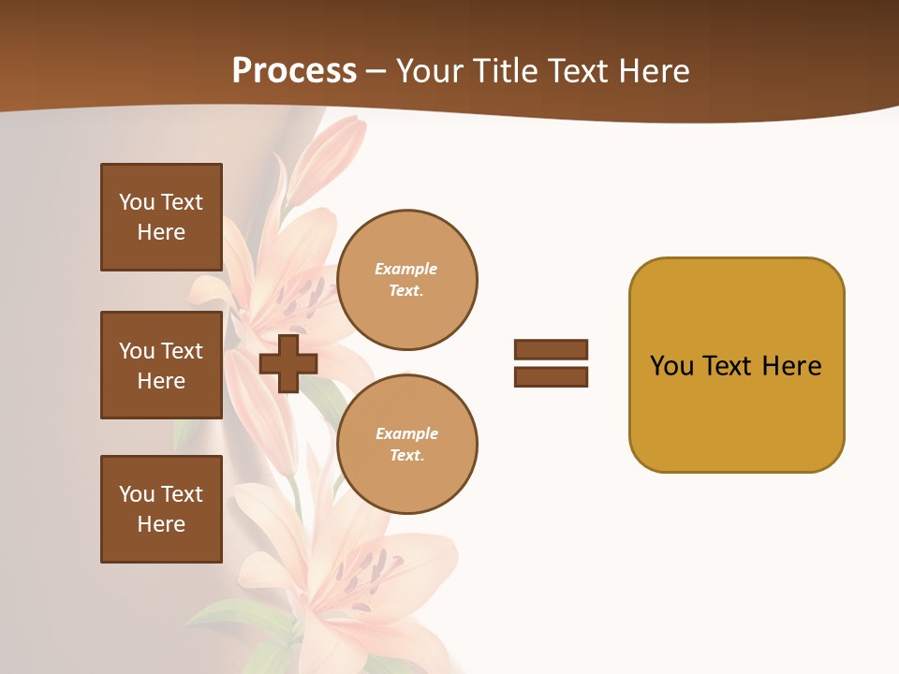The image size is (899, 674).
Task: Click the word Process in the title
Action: coord(294,71)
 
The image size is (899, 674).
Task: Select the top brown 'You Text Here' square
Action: coord(161,217)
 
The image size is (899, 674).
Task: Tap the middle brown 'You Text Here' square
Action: coord(161,365)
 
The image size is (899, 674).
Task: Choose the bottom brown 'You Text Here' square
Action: coord(161,509)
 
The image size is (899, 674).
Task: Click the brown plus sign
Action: coord(287,363)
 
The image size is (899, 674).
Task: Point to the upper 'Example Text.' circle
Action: coord(406,280)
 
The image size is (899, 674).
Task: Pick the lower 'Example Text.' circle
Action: coord(406,444)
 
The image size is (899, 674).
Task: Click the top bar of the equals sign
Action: coord(551,349)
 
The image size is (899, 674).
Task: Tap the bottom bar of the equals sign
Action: coord(551,376)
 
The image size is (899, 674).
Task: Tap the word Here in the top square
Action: coord(161,232)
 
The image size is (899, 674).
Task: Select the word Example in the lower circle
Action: coord(406,433)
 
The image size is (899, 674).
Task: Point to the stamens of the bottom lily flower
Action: coord(370,571)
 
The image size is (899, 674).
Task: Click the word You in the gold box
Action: coord(671,366)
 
